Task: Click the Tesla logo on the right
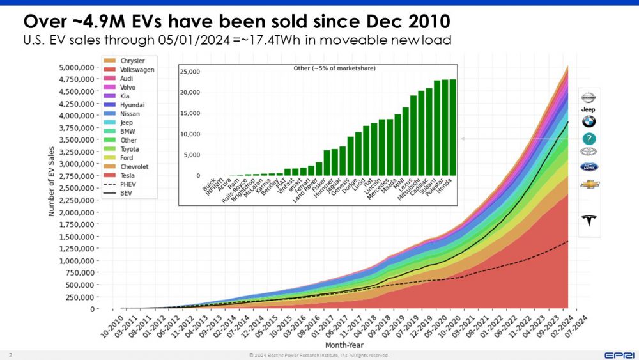(589, 221)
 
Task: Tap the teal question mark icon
(589, 139)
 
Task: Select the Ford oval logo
(589, 167)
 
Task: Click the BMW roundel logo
(589, 121)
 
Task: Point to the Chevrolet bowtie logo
(589, 184)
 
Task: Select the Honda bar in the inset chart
(452, 127)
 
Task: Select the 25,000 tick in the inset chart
(190, 71)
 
